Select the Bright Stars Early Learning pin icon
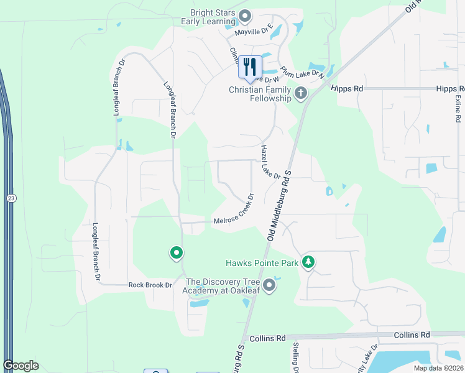coord(245,16)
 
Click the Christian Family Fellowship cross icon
coord(301,94)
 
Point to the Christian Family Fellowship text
coord(260,94)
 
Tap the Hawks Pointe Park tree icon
coord(308,262)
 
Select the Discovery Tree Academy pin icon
coord(269,285)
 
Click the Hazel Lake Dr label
coord(271,163)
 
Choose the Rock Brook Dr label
coord(150,285)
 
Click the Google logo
coord(21,365)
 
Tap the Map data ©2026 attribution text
coord(438,368)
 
